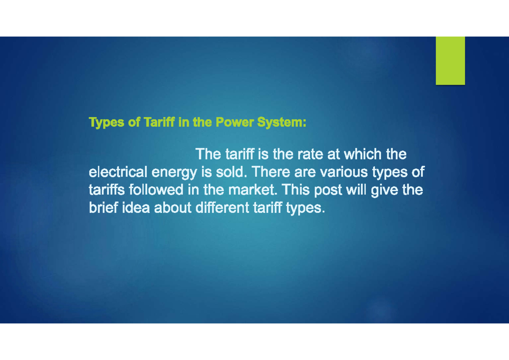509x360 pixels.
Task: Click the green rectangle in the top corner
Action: click(450, 61)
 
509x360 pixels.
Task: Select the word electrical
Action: click(118, 173)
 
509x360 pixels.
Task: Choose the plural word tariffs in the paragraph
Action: click(104, 190)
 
